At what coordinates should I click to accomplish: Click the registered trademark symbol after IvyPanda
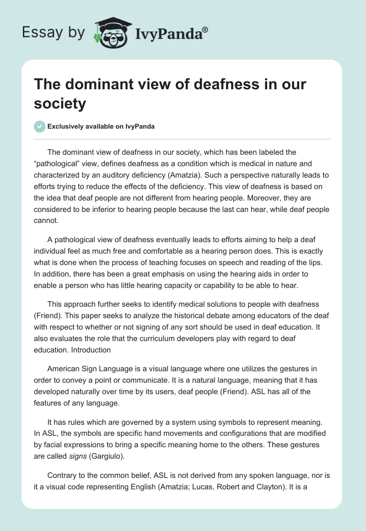205,29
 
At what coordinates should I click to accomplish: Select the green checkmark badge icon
40,126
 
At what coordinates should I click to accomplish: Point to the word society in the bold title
60,103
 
